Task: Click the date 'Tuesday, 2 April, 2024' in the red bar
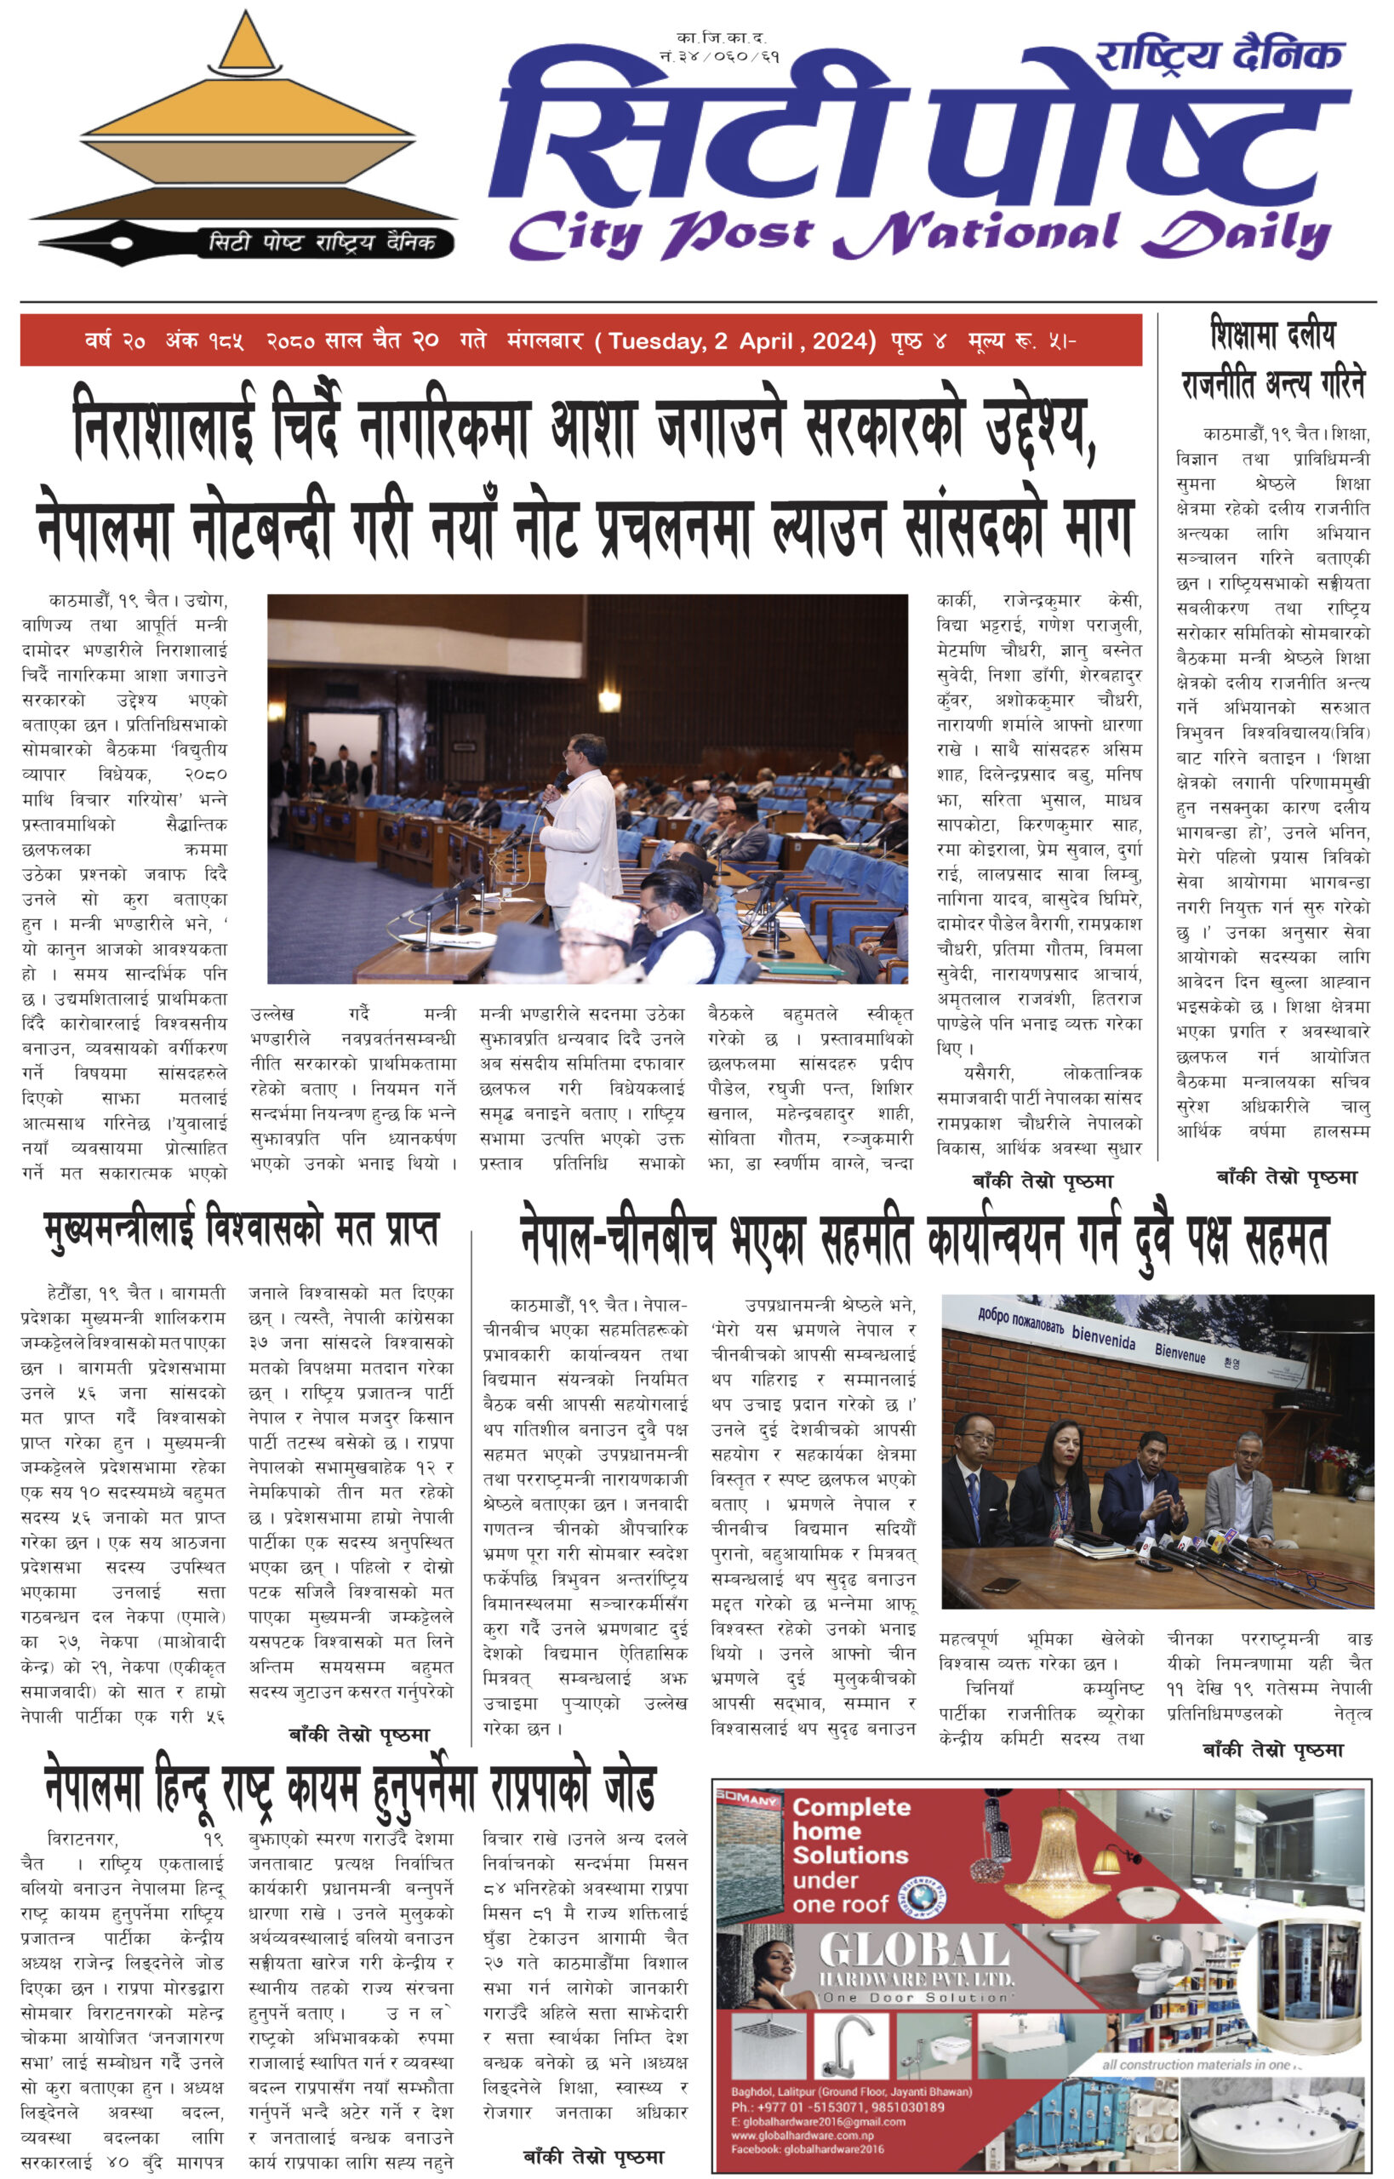(741, 341)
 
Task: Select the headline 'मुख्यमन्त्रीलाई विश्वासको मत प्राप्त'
(242, 1230)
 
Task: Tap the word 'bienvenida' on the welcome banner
(1104, 1335)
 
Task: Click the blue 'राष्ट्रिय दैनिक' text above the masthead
(1219, 56)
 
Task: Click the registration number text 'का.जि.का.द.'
(722, 37)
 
